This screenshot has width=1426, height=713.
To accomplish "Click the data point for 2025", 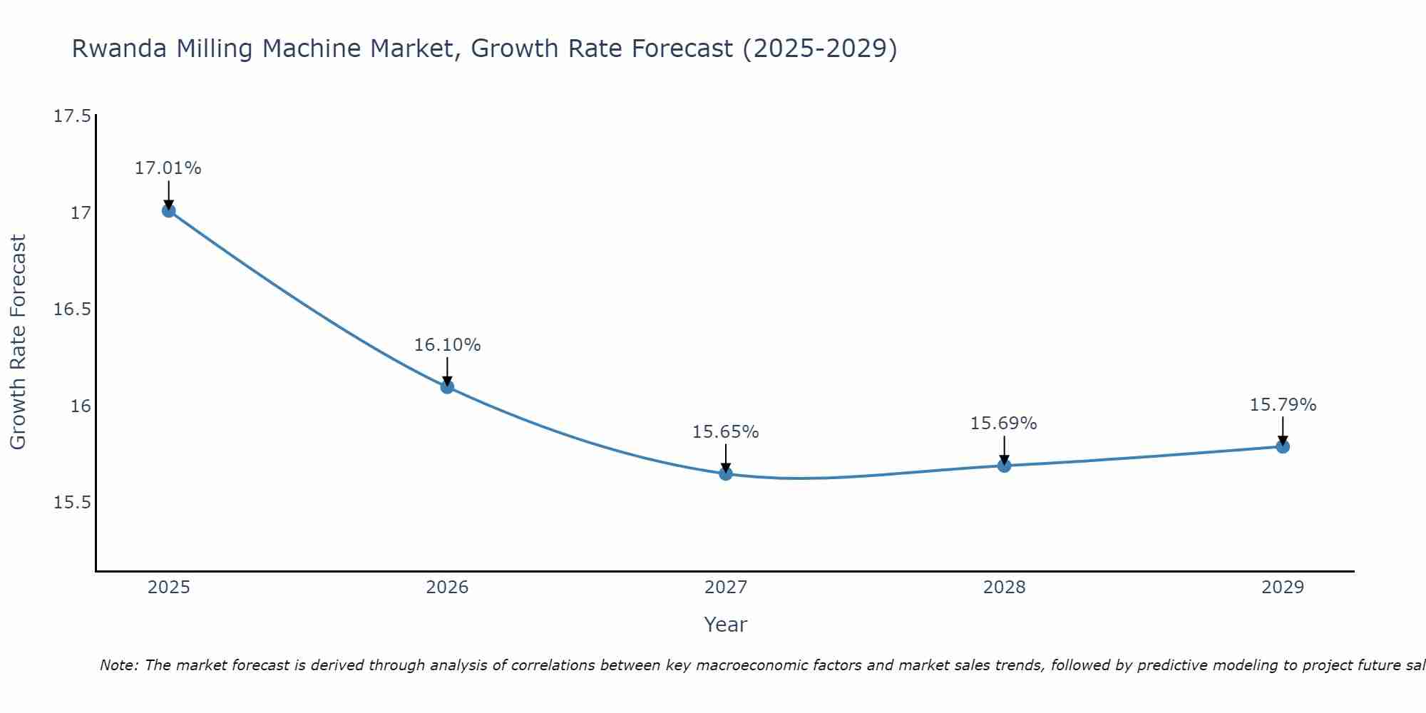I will click(169, 210).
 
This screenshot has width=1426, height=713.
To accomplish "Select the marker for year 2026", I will click(447, 387).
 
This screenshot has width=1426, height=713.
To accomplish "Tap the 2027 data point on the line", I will click(726, 473).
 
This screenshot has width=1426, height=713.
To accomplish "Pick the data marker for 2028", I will click(1004, 466).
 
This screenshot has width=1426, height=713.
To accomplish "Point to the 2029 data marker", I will click(1283, 446).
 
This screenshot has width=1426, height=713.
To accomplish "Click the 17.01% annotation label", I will click(168, 168).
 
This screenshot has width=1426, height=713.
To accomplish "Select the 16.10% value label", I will click(447, 345).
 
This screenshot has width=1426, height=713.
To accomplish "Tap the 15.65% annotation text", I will click(726, 432).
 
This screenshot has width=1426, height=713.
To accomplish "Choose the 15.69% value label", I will click(1003, 424).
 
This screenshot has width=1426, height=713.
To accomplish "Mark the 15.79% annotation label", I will click(1283, 405).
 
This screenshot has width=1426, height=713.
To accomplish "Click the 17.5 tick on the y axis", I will click(72, 116).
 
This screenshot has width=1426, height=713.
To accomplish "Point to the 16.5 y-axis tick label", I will click(72, 309).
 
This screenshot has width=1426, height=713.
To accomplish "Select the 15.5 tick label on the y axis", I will click(72, 503).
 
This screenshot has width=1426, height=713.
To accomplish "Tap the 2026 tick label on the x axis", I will click(447, 588).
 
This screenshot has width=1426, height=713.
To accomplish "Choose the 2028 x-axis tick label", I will click(1004, 588).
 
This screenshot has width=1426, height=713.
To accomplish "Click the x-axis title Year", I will click(725, 625).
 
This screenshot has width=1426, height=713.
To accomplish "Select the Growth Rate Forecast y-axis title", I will click(18, 342).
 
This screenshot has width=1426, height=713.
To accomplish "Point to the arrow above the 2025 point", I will click(169, 193).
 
